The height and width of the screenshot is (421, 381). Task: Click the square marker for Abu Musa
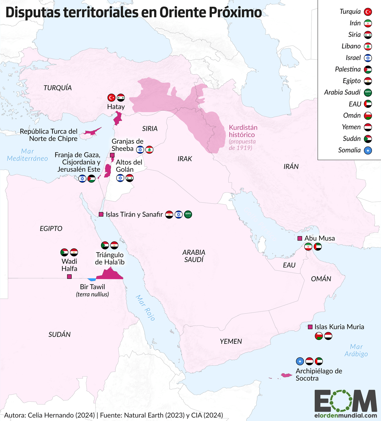coord(300,238)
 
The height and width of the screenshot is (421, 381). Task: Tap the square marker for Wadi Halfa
coord(69,276)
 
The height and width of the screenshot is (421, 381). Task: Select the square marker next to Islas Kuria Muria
coord(310,327)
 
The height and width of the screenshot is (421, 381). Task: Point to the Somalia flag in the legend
coord(368,150)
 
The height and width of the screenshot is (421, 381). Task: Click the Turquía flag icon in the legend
coord(368,12)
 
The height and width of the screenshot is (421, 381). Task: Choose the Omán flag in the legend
coord(368,116)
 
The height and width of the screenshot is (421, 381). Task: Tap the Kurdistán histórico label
coord(243,131)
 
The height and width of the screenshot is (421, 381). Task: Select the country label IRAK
coord(185,159)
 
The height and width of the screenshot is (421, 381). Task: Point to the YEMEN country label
coord(231,341)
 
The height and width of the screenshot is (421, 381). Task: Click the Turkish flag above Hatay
coord(111,97)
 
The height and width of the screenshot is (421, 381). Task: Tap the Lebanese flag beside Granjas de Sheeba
coord(149,150)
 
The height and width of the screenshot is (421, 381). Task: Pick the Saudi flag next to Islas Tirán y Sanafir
coord(188,214)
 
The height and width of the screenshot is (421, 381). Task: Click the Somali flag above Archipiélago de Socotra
coord(300,361)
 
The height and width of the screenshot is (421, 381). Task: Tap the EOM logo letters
coord(346,401)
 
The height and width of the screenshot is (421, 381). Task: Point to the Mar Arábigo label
coord(356,350)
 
